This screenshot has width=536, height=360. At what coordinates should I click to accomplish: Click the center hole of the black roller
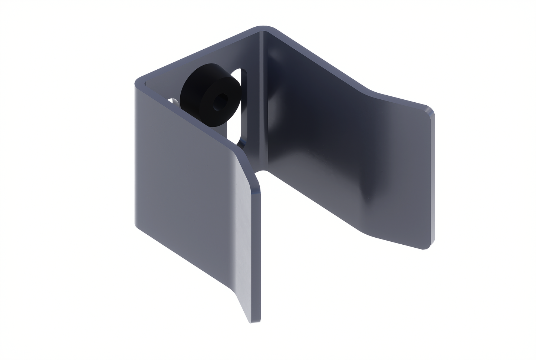[221, 100]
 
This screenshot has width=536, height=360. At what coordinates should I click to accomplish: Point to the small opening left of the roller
[174, 100]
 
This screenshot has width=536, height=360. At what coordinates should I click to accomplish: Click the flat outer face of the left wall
[178, 178]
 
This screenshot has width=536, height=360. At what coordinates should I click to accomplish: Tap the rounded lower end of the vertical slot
[241, 143]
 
